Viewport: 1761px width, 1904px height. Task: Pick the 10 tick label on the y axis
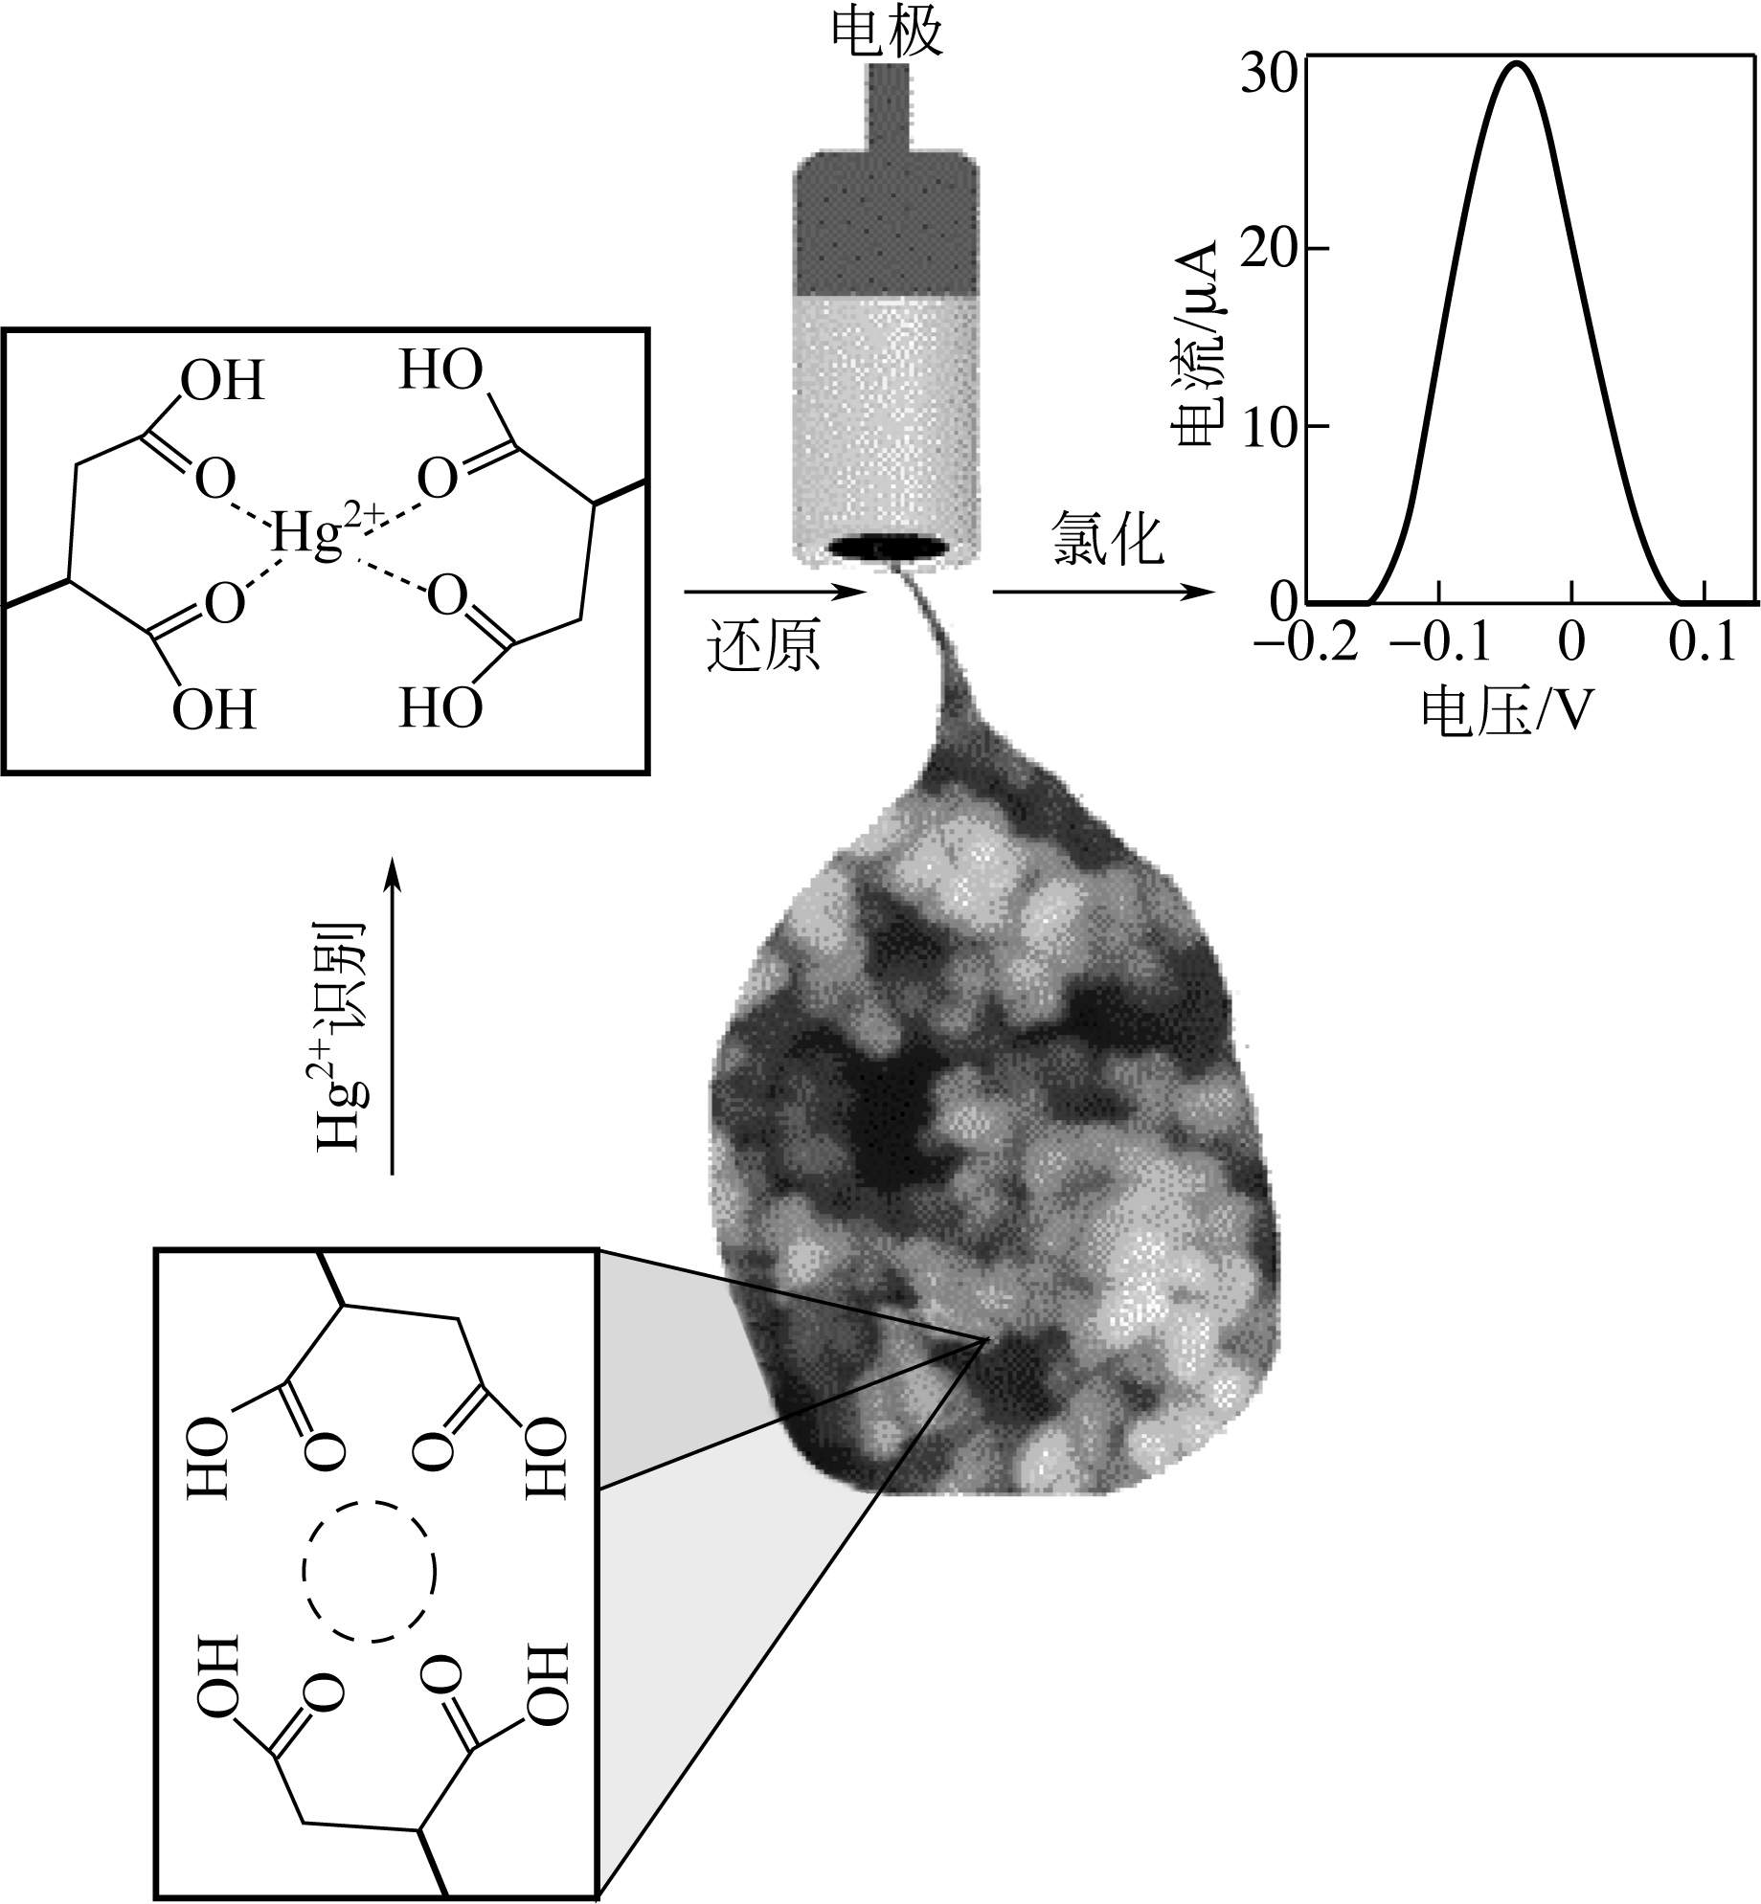click(1271, 427)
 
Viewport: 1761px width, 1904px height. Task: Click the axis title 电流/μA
click(1195, 345)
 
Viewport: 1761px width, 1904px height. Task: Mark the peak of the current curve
click(1516, 63)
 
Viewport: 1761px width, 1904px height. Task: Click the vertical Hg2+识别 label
click(340, 1035)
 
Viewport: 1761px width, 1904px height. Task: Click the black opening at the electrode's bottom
click(888, 548)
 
